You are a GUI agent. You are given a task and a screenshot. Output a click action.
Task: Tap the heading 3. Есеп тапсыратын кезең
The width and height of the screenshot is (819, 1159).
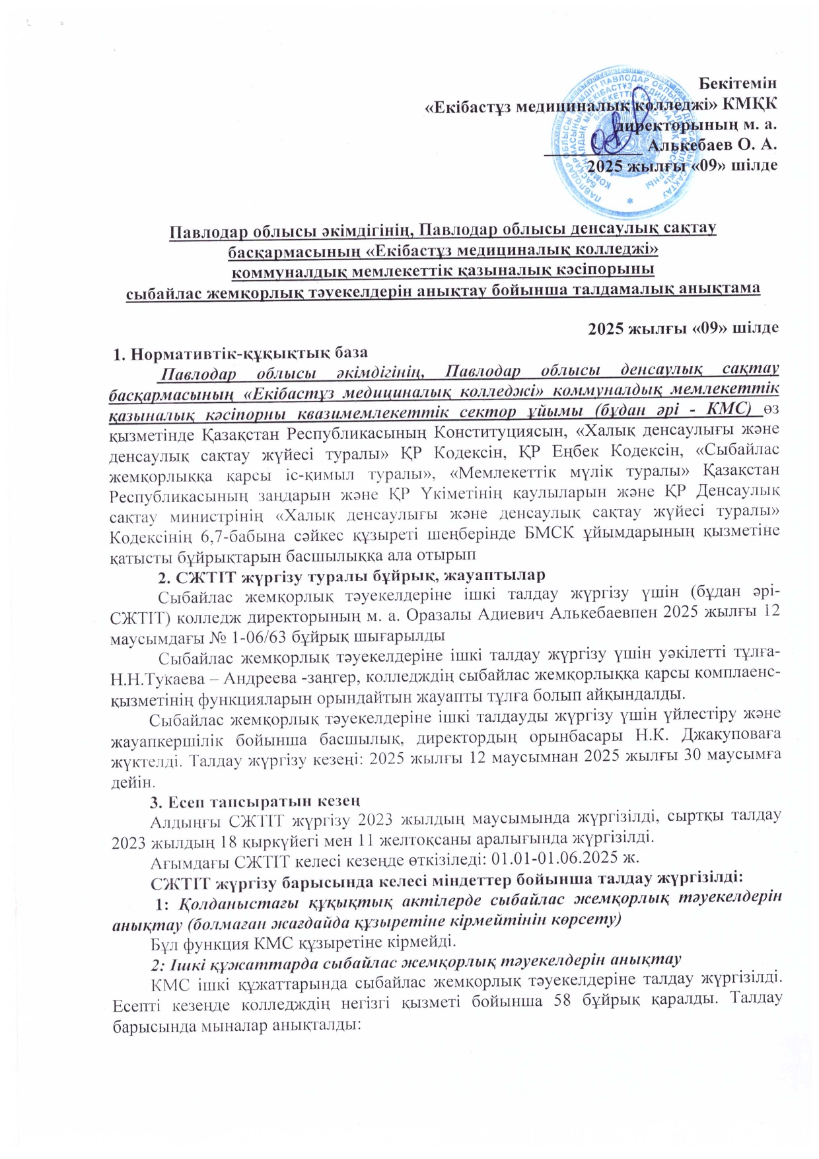254,802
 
